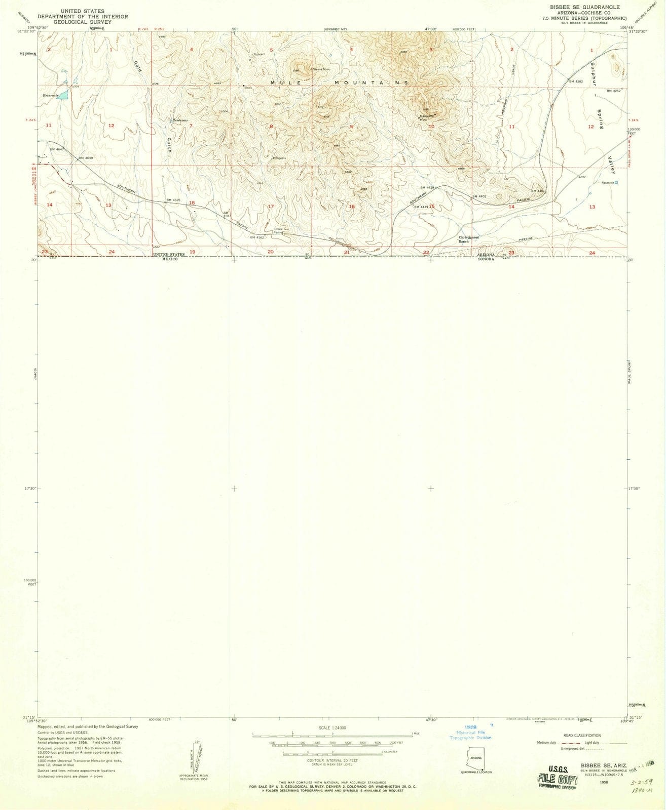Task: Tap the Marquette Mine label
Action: coord(425,117)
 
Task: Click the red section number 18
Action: coord(192,203)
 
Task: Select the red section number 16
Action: coord(351,207)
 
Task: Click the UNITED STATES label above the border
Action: coord(170,255)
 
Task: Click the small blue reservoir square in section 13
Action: coord(616,183)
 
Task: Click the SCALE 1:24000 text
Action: coord(332,727)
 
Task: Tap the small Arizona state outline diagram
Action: coord(476,757)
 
